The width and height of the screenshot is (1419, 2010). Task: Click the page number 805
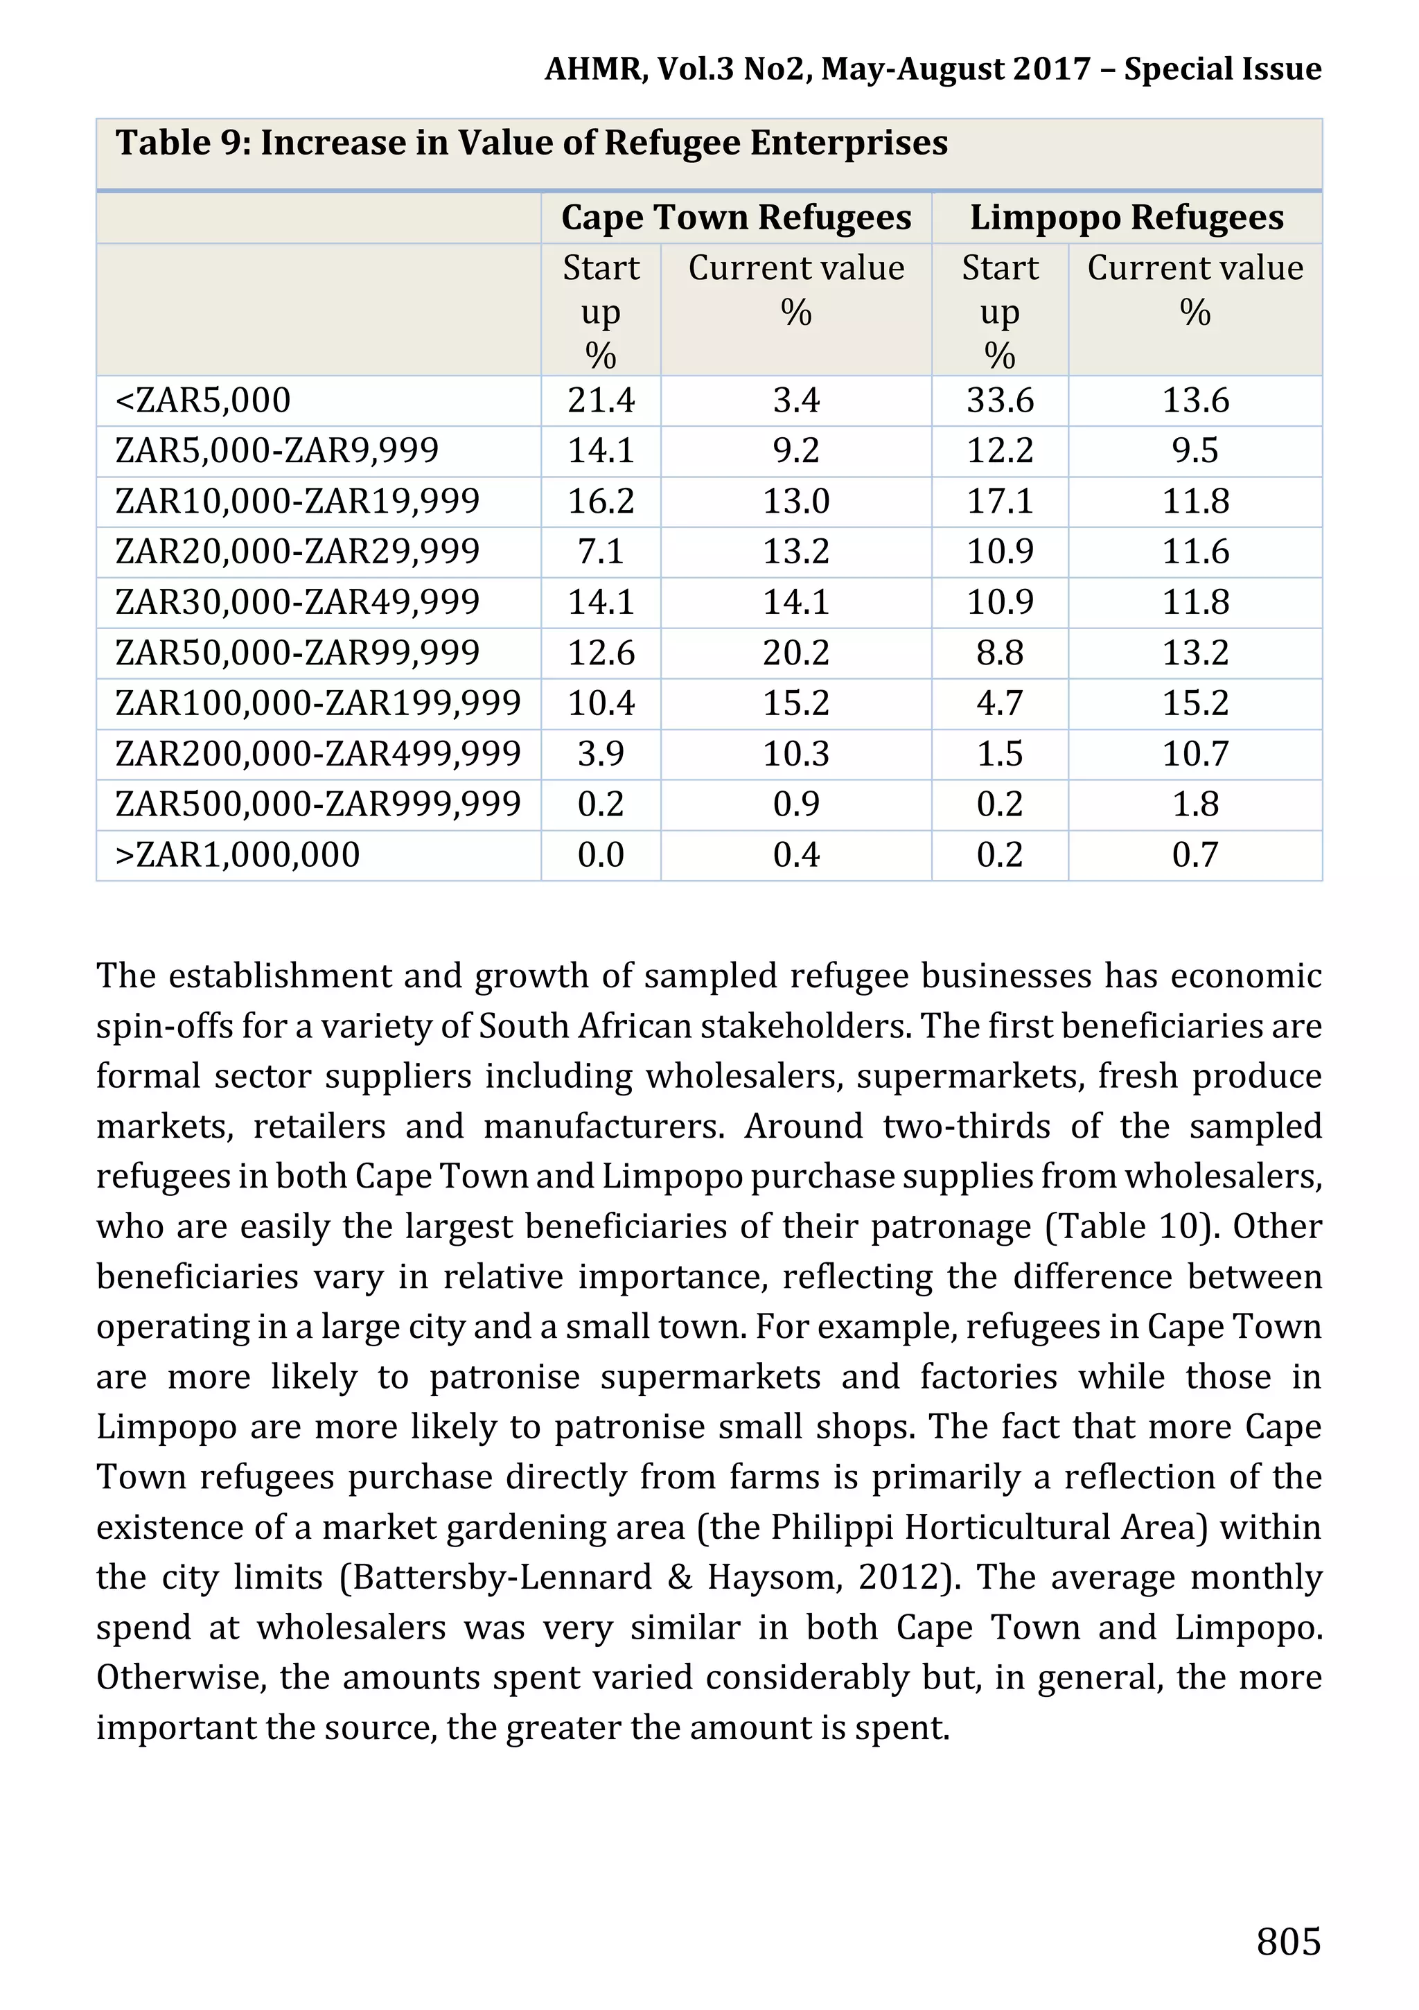point(1287,1941)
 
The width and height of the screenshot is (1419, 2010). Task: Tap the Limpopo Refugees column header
point(1127,217)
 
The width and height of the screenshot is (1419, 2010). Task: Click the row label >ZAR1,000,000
point(237,855)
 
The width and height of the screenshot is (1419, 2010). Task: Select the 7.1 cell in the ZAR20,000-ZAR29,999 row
point(601,552)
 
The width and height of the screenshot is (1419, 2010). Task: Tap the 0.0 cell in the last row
point(601,855)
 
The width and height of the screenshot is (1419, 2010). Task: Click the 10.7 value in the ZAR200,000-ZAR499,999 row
point(1195,754)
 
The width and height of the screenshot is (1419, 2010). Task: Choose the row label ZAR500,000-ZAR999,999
point(318,804)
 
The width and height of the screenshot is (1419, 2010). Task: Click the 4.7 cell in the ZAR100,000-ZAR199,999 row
point(1000,703)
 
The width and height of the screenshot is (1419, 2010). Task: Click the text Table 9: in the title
point(183,143)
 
